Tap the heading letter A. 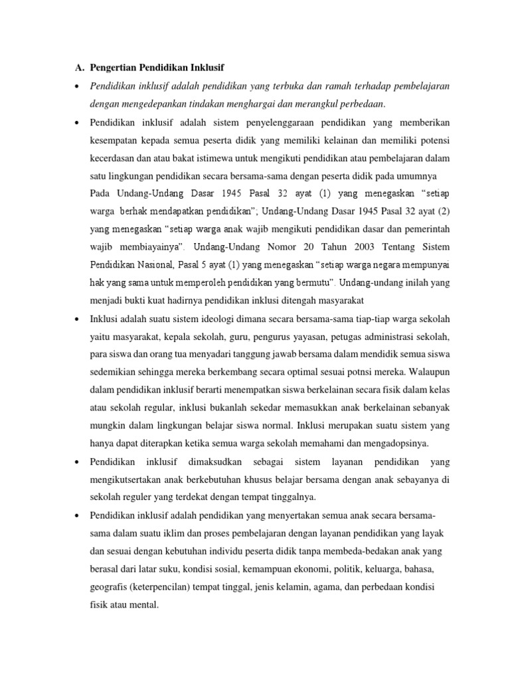[76, 68]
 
